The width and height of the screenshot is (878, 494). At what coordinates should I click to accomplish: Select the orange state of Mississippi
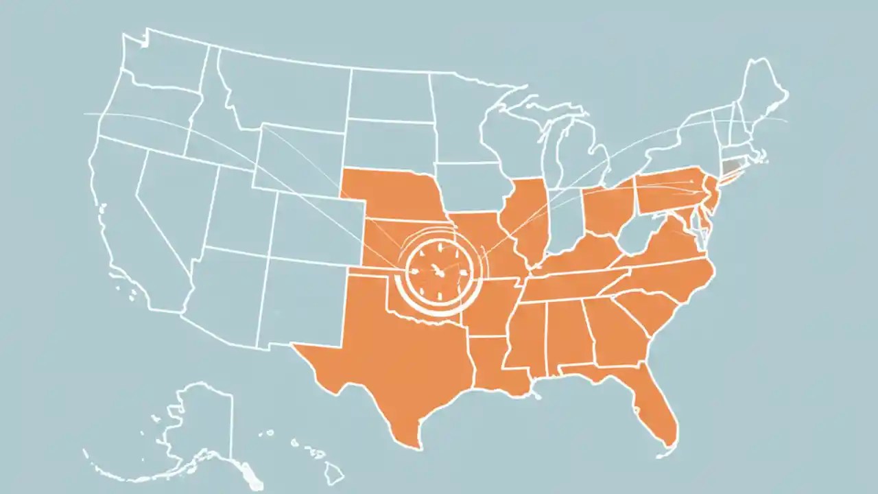pyautogui.click(x=528, y=336)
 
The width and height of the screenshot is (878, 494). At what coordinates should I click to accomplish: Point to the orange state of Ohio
pyautogui.click(x=607, y=209)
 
